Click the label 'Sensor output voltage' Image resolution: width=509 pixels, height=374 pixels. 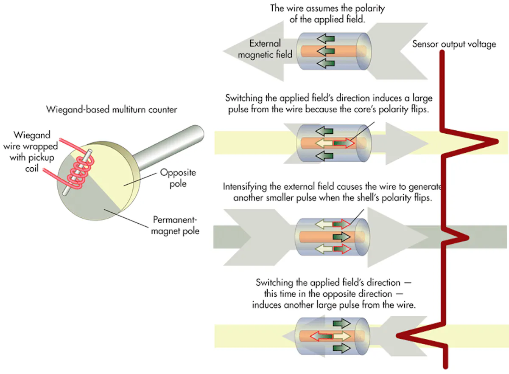tap(454, 44)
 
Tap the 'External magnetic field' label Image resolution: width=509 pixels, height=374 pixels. tap(265, 49)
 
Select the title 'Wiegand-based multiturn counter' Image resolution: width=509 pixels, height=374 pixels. tap(112, 110)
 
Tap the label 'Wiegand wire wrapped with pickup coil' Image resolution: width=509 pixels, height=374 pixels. tap(32, 152)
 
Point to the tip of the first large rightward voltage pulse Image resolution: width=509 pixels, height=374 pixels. tap(497, 141)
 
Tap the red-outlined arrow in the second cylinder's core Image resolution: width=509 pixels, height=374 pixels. tap(344, 144)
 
